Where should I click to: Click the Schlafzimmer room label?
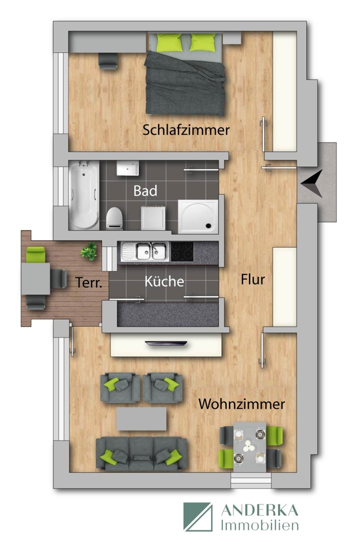[186, 130]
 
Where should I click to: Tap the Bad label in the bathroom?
[145, 190]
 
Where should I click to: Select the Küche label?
[164, 281]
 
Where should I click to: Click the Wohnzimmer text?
[242, 404]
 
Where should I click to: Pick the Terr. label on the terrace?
[89, 283]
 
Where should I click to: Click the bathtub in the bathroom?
[84, 194]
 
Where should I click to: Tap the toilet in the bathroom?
[115, 218]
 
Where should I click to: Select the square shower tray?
[198, 215]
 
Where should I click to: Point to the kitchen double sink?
[144, 252]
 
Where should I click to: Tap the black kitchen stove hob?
[182, 252]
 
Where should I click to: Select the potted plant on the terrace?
[88, 252]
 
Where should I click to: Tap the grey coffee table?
[142, 418]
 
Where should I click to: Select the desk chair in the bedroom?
[106, 61]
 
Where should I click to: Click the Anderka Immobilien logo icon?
[198, 516]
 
